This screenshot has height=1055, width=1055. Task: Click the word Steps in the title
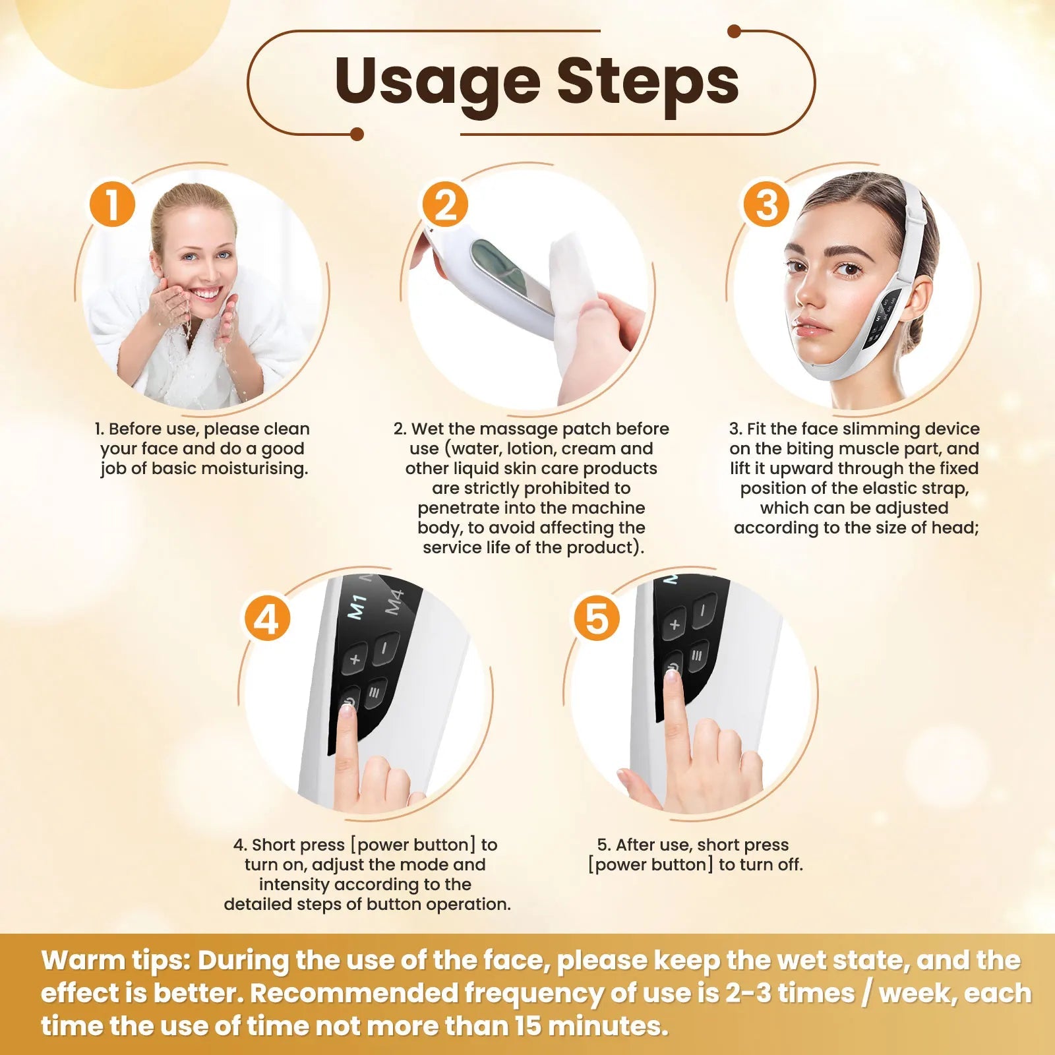click(648, 81)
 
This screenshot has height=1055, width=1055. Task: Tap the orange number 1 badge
click(112, 204)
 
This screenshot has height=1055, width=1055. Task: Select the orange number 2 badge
click(445, 204)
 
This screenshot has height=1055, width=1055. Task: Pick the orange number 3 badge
click(766, 204)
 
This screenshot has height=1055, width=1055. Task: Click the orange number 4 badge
click(267, 619)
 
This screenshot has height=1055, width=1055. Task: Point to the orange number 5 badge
click(596, 619)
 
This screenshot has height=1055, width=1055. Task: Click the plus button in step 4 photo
click(355, 658)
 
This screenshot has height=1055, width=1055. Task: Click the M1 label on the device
click(357, 607)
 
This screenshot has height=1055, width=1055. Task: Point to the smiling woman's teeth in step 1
click(206, 293)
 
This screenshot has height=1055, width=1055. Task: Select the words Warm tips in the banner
click(116, 961)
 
